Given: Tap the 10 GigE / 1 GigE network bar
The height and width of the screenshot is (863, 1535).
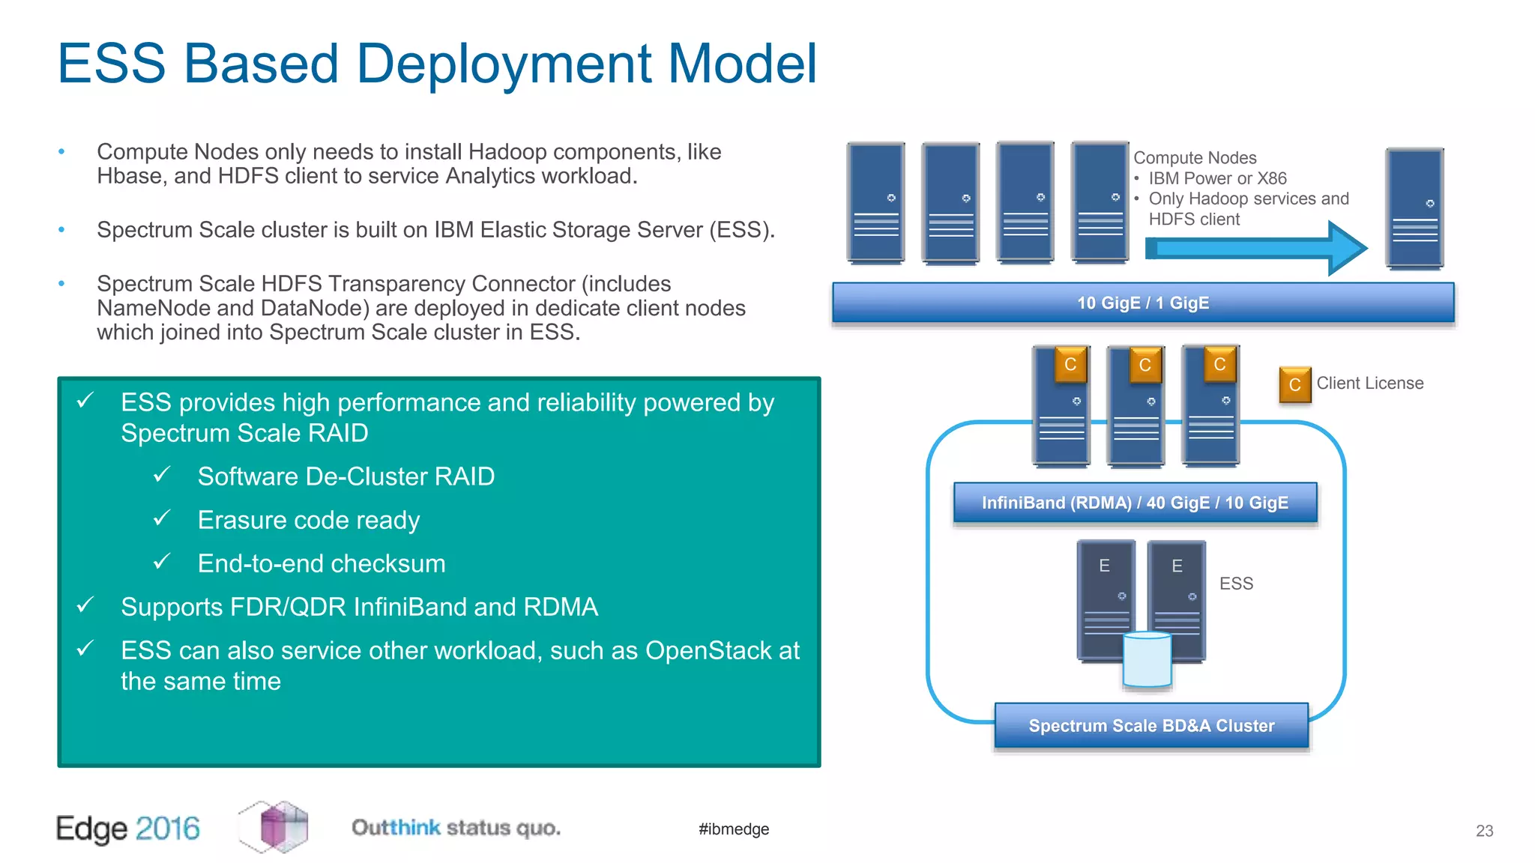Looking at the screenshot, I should coord(1143,303).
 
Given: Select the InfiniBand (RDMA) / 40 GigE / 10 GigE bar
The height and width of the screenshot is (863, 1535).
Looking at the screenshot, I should coord(1135,503).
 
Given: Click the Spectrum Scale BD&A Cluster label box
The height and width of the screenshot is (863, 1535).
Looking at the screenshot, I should coord(1151,725).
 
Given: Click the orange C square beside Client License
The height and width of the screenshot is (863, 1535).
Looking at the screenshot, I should coord(1294,384).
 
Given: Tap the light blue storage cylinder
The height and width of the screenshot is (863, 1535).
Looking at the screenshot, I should coord(1147,659).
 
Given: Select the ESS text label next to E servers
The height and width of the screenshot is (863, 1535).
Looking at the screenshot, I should coord(1236,584).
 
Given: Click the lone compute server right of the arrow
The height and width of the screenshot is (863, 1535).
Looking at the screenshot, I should coord(1414,208).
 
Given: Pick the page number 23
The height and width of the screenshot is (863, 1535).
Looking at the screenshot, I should coord(1484,831).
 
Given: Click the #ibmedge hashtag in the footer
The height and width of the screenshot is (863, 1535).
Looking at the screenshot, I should coord(734,829).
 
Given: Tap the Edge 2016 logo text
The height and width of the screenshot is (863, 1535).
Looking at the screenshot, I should coord(128,829).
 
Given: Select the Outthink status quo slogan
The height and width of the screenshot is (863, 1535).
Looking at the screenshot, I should coord(456,828).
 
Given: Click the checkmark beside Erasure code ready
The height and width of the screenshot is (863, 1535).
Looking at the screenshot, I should coord(162,518).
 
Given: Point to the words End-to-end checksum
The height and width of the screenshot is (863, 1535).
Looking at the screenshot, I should coord(322,563).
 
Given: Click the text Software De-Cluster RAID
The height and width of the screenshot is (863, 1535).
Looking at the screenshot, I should coord(346,476).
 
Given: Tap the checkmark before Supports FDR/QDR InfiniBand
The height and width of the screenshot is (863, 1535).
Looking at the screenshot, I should coord(85,605).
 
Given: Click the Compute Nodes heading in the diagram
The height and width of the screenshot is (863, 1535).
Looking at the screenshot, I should coord(1195,158).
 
